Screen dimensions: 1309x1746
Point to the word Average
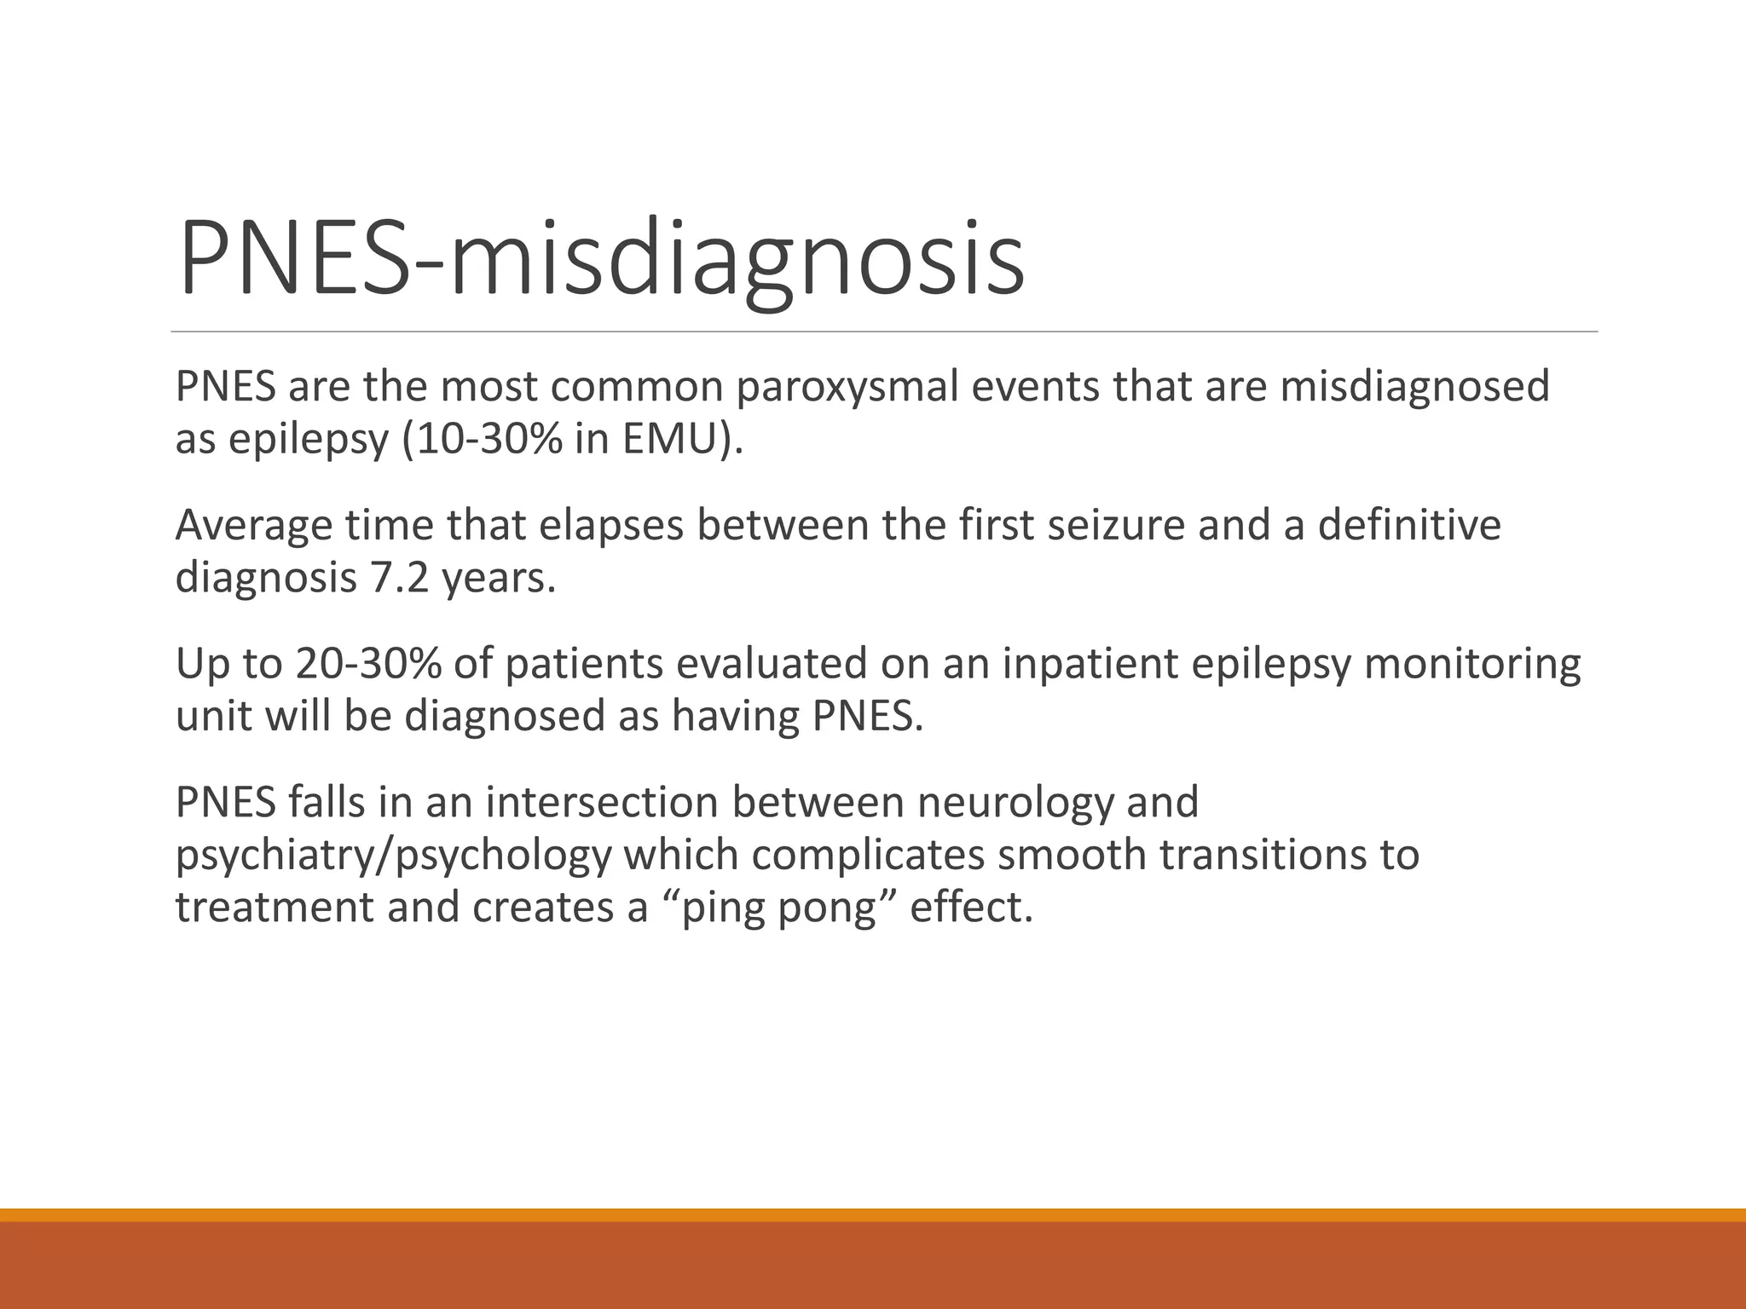(x=253, y=526)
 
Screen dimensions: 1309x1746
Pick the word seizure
(x=1116, y=526)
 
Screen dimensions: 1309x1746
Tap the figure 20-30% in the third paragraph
(x=367, y=664)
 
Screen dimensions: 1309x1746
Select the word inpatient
(x=1090, y=664)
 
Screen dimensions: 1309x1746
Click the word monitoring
(x=1471, y=664)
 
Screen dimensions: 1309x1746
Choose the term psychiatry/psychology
(x=393, y=856)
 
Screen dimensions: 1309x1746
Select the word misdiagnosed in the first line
(x=1414, y=387)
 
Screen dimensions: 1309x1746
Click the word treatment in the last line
(x=275, y=908)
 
